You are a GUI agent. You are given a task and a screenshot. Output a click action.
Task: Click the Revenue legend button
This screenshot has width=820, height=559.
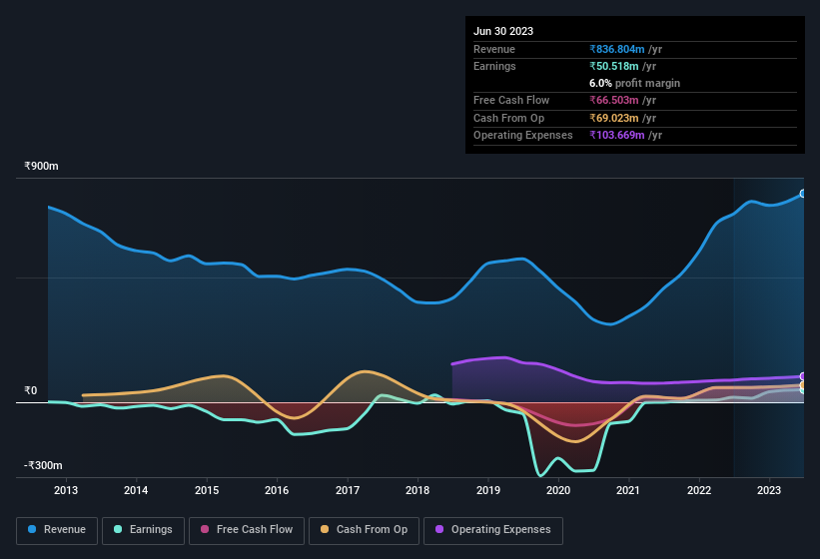58,530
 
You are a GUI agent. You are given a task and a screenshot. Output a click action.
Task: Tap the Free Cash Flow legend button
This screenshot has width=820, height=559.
247,530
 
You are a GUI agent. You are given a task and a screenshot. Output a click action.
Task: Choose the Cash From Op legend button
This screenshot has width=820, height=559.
366,530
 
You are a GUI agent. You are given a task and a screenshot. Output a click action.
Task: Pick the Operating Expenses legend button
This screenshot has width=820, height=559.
493,530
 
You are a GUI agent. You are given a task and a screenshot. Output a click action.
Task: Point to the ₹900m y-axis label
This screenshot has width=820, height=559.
43,167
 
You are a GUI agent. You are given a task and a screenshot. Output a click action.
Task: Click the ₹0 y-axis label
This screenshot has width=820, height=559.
31,390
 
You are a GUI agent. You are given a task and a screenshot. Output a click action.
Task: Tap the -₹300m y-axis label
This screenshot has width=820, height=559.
44,466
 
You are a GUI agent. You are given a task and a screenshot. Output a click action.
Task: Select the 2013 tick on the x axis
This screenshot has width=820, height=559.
66,490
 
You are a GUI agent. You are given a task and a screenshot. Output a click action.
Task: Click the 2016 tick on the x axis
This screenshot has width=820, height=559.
277,490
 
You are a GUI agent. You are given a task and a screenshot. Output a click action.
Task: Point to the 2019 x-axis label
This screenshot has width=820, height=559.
488,490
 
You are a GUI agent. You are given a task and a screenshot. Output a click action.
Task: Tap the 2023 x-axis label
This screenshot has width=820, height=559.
769,490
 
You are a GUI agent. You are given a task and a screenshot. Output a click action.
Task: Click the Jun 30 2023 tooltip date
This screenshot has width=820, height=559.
503,31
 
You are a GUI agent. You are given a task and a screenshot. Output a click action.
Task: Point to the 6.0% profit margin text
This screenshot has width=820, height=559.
635,83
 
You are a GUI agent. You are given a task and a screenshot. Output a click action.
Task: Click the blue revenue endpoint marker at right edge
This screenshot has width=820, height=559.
802,194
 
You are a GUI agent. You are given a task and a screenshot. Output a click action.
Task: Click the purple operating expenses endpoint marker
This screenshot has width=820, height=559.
802,376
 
